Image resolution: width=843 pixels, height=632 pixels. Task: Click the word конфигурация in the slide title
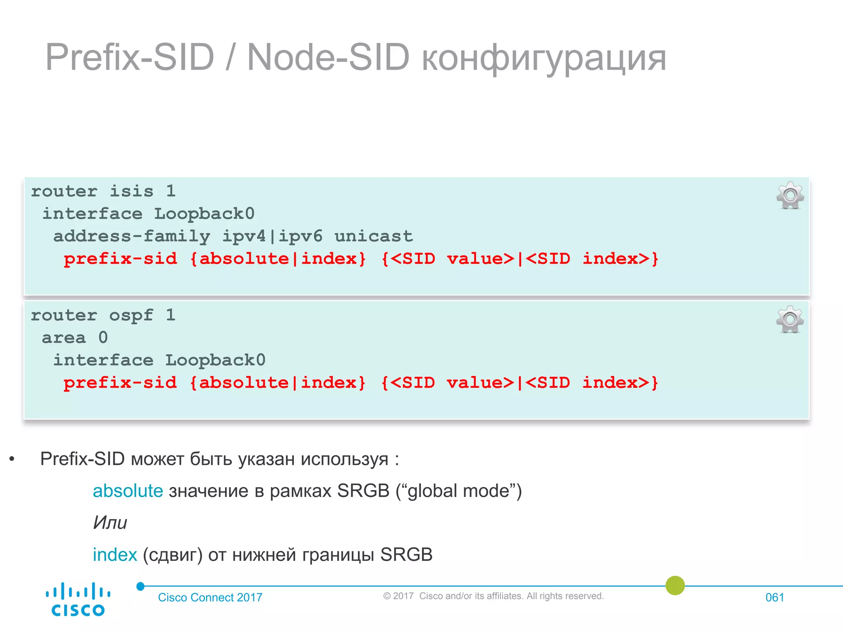click(544, 58)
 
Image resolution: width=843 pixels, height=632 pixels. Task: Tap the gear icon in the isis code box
click(790, 195)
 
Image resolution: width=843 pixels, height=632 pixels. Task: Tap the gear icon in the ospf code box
click(790, 319)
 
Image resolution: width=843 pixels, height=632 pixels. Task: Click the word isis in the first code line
click(131, 191)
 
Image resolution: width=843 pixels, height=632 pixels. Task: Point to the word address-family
click(132, 236)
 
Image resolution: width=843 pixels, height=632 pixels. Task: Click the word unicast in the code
click(373, 236)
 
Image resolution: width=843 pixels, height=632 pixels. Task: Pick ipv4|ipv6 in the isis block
click(272, 236)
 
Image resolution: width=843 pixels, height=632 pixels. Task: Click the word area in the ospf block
click(64, 338)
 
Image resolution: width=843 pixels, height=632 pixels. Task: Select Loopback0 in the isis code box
click(204, 214)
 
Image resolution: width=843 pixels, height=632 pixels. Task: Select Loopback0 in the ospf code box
click(215, 360)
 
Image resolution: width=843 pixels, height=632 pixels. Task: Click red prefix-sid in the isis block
click(120, 259)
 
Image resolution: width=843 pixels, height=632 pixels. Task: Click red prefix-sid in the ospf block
click(120, 383)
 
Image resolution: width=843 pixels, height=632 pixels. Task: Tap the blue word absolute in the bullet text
click(128, 491)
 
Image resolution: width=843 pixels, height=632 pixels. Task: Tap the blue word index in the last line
click(114, 555)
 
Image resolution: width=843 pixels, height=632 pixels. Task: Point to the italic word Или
click(110, 523)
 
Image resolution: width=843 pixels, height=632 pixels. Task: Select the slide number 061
click(775, 597)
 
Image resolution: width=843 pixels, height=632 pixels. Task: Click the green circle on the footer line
click(675, 586)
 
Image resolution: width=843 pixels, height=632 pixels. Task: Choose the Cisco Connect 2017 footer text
click(210, 597)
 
